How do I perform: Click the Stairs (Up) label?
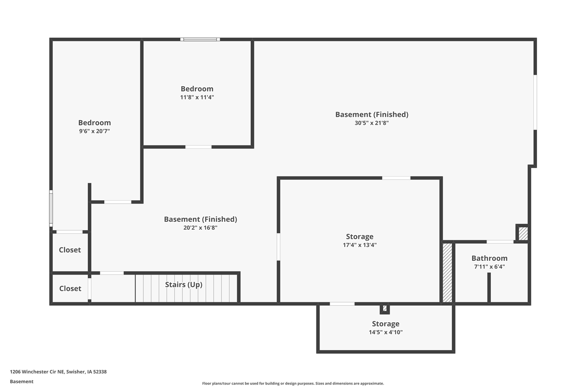[x=184, y=285]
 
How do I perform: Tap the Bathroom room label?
[x=489, y=258]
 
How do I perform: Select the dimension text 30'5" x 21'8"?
[x=372, y=123]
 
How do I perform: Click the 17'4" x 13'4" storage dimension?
[x=359, y=245]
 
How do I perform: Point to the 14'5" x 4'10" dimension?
[x=385, y=332]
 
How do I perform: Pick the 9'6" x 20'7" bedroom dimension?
[x=94, y=131]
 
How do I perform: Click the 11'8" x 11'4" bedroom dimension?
[x=197, y=97]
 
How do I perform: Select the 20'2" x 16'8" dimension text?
[x=200, y=227]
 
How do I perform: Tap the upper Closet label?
[x=70, y=250]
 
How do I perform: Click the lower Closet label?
[x=70, y=288]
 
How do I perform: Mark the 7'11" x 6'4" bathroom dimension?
[x=489, y=266]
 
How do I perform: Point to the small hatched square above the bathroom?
[x=523, y=234]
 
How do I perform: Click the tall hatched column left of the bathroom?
[x=447, y=273]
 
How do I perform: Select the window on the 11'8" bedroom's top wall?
[x=200, y=39]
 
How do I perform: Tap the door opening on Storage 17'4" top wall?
[x=396, y=178]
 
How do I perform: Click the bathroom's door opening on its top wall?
[x=499, y=242]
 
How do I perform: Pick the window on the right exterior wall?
[x=535, y=102]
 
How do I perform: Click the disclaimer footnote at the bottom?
[x=293, y=383]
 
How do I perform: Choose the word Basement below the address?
[x=22, y=381]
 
